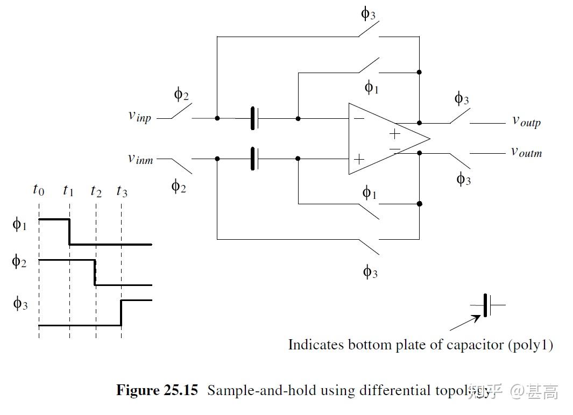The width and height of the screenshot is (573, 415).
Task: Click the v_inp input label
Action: coord(139,116)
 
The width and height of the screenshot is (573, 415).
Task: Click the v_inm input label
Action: coord(140,159)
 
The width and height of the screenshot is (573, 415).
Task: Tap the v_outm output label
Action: coord(526,152)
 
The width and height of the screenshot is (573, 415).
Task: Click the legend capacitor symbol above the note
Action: coord(487,305)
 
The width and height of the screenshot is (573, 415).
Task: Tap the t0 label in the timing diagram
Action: coord(38,189)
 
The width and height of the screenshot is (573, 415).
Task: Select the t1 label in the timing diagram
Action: coord(68,190)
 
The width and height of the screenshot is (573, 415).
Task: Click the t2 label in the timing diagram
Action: coord(96,191)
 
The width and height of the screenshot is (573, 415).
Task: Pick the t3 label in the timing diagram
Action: coord(122,191)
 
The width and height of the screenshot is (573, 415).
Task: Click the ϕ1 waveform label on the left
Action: coord(19,224)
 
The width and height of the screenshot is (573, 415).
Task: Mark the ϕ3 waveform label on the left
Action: coord(20,304)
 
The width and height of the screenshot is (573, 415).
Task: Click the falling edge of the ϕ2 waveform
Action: coord(95,273)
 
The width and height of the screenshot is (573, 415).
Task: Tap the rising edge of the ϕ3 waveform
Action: coord(121,313)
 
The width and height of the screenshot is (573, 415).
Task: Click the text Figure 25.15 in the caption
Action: coord(157,390)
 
